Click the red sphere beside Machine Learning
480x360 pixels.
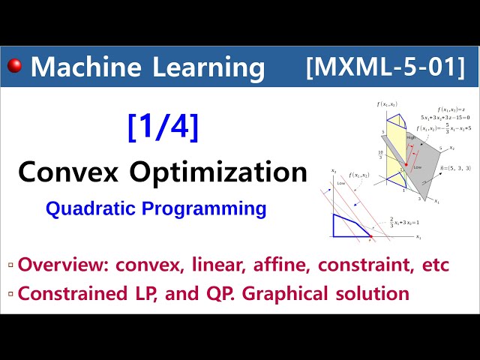tap(14, 67)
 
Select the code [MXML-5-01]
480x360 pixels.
tap(385, 67)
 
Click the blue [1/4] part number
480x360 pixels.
tap(163, 127)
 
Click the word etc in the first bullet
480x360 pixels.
tap(434, 265)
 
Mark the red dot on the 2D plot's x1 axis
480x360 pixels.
tap(369, 237)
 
